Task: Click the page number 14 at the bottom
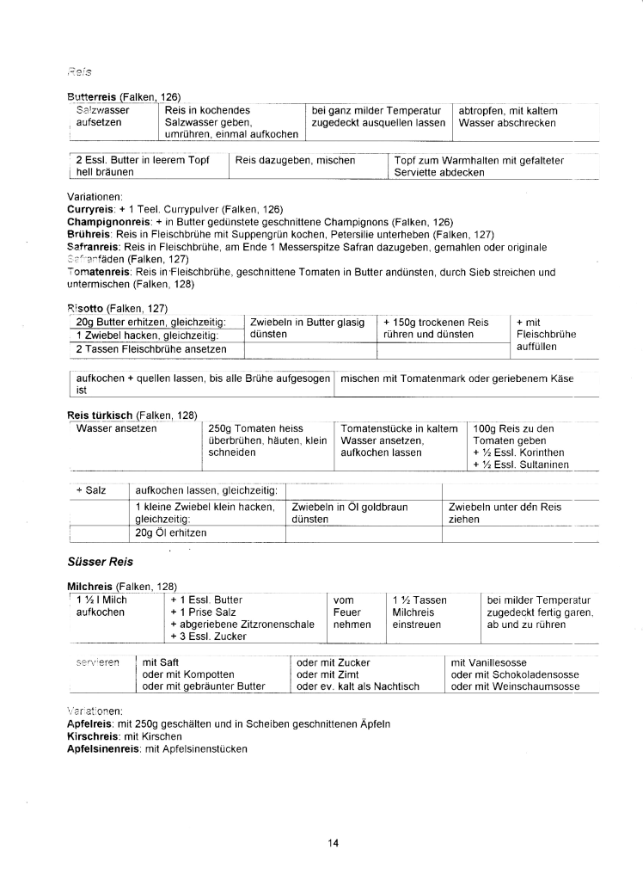333,842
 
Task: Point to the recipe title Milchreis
90,587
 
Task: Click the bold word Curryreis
90,210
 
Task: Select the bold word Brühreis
88,234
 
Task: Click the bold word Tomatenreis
94,272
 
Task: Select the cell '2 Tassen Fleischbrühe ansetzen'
150,348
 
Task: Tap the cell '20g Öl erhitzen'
171,532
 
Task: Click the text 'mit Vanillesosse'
493,662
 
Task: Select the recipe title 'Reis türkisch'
99,415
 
